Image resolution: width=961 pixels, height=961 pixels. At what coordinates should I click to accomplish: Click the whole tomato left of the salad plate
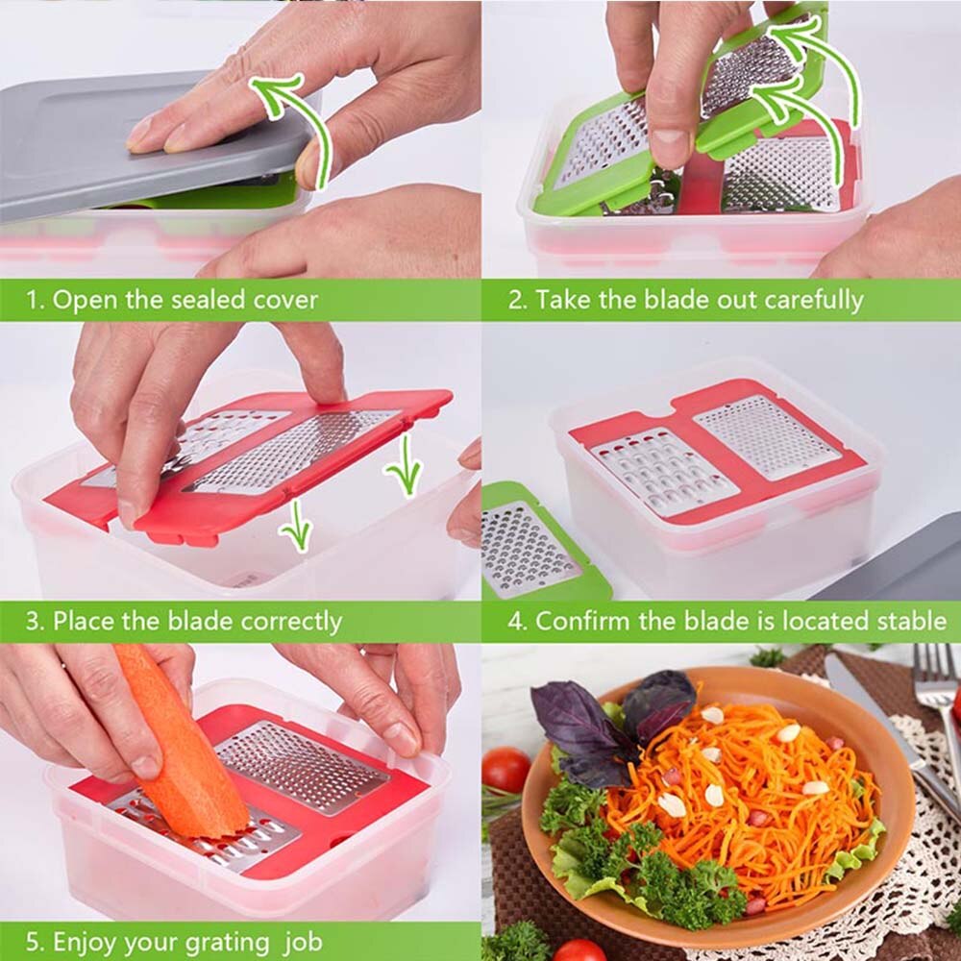[x=505, y=769]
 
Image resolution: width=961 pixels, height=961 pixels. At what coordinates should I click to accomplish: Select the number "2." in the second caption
[x=518, y=301]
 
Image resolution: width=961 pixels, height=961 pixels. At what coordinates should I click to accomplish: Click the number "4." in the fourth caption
[x=518, y=621]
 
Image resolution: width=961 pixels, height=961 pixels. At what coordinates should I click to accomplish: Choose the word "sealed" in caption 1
[x=207, y=300]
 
